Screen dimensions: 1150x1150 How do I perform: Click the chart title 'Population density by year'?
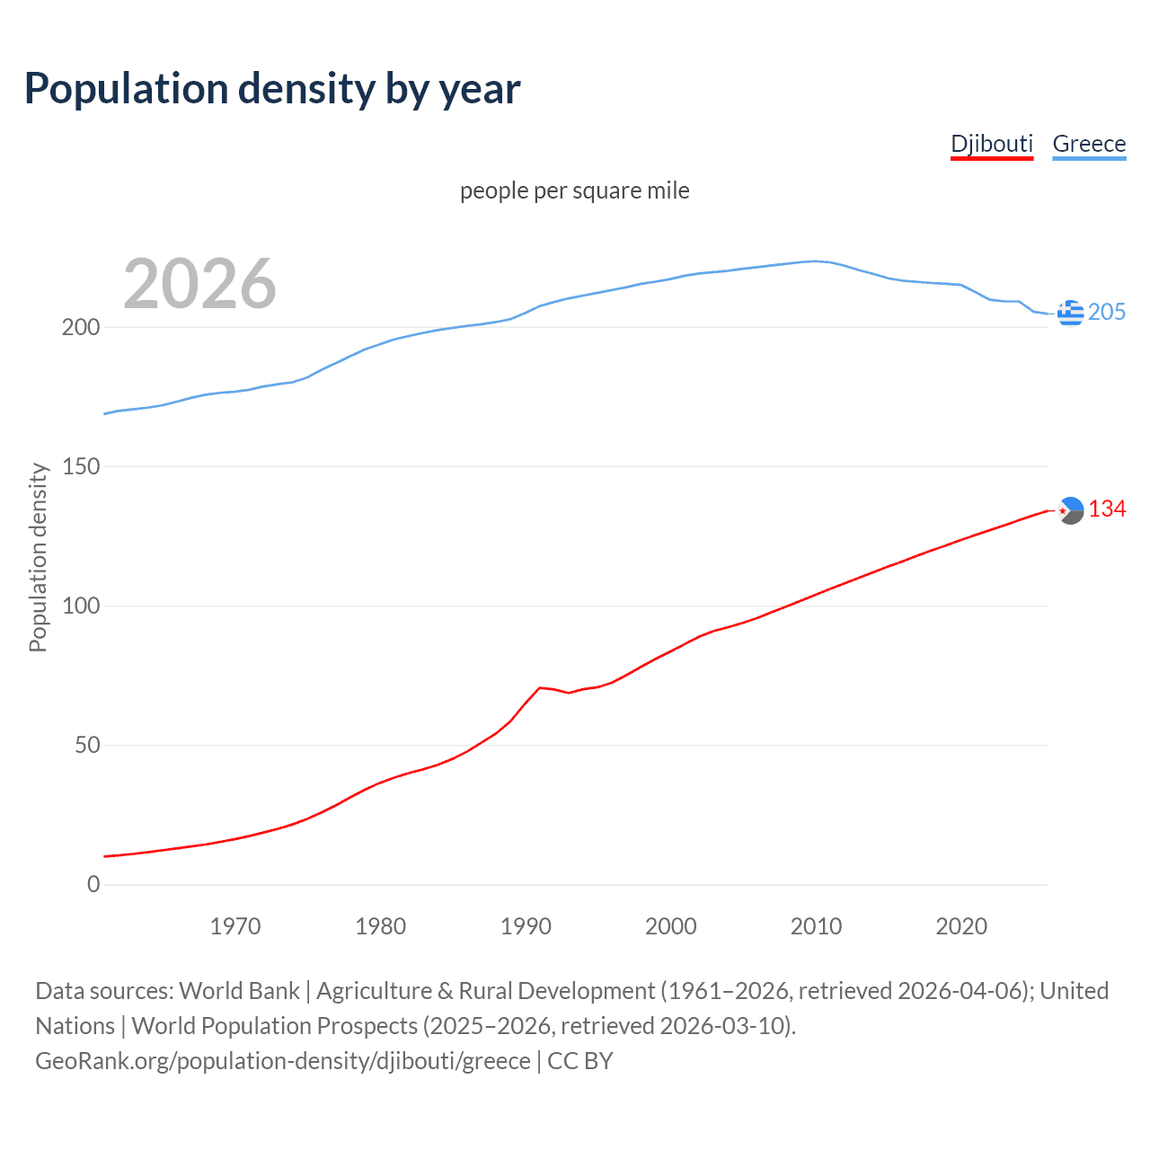(272, 89)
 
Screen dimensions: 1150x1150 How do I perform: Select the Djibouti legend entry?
(992, 144)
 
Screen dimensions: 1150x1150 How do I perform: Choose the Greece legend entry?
(1089, 144)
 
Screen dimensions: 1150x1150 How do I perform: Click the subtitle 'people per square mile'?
(575, 190)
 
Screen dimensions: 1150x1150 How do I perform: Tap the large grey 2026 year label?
(199, 284)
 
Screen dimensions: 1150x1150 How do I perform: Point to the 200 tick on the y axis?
(81, 327)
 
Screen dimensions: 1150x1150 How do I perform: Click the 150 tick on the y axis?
(81, 466)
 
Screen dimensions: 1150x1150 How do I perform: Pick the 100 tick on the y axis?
(81, 606)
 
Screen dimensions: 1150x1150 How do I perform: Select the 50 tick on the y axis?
(87, 745)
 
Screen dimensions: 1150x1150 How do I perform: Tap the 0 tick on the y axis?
(93, 884)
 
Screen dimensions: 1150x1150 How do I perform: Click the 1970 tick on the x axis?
(235, 926)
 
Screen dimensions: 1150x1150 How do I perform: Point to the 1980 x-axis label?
(381, 926)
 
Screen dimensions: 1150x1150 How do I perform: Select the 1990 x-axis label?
(526, 926)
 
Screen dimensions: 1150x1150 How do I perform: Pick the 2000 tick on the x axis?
(671, 926)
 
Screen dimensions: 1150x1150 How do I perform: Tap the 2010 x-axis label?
(816, 926)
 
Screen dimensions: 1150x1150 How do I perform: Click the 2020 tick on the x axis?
(961, 926)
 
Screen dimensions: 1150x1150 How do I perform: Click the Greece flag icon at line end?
(1070, 313)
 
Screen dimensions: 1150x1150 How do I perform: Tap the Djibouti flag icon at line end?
(1070, 510)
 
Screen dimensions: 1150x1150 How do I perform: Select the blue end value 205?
(1107, 312)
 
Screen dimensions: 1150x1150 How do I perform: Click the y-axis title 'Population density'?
(38, 557)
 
